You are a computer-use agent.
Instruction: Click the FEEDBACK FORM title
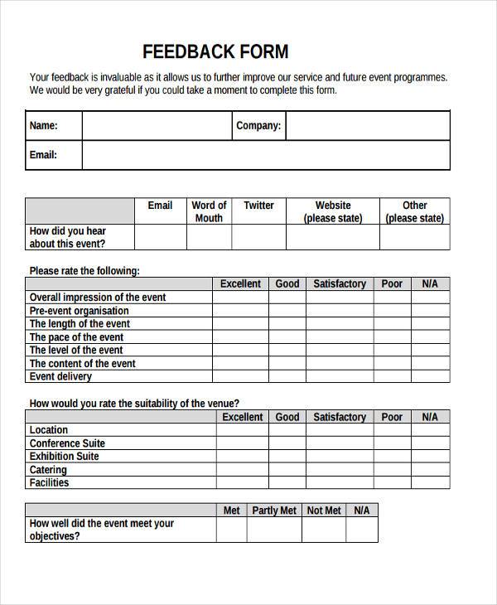[x=215, y=51]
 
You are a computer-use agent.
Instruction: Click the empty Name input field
[x=156, y=126]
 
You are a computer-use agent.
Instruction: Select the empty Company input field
[x=368, y=126]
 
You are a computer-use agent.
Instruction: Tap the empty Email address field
[x=265, y=155]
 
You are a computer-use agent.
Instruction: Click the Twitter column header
[x=258, y=206]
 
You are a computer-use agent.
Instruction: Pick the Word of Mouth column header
[x=209, y=211]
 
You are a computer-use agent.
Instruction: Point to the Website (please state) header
[x=333, y=211]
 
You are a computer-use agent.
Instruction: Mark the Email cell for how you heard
[x=160, y=237]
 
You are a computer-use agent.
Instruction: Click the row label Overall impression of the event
[x=98, y=297]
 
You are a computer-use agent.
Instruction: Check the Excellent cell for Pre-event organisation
[x=240, y=310]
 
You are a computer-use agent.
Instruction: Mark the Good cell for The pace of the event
[x=287, y=336]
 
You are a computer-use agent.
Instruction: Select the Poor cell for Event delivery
[x=392, y=376]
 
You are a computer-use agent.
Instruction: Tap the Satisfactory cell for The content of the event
[x=340, y=363]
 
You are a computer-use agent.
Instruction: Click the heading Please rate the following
[x=84, y=270]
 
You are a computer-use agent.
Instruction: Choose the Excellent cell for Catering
[x=242, y=470]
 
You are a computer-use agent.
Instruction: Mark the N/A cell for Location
[x=429, y=430]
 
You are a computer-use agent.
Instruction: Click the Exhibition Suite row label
[x=65, y=457]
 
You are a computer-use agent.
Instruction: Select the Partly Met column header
[x=274, y=511]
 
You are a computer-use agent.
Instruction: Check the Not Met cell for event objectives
[x=324, y=530]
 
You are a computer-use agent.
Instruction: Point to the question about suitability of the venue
[x=134, y=404]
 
